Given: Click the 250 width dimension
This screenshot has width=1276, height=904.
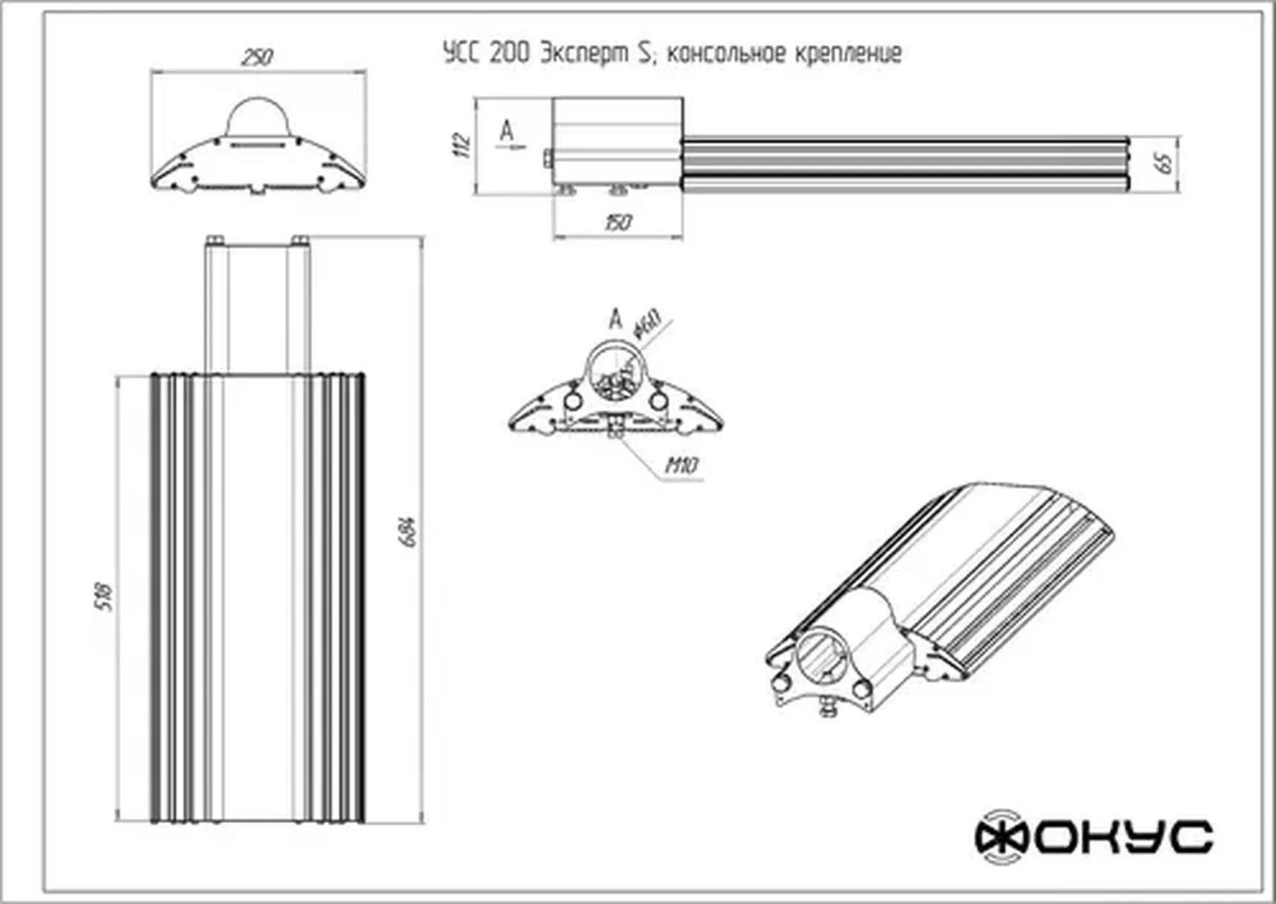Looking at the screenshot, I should point(257,57).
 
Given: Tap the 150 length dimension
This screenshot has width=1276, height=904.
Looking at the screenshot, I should point(617,222).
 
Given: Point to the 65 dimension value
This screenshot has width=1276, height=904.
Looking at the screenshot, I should point(1166,163).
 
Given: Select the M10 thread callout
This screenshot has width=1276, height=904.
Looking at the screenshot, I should point(680,466).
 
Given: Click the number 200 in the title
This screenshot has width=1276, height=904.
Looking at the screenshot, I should point(509,53).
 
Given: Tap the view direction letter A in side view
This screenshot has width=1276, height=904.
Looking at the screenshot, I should point(506,131).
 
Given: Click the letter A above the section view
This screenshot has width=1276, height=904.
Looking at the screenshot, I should point(615,319).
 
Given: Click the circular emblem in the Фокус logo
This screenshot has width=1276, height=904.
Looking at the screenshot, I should point(1001,837).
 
